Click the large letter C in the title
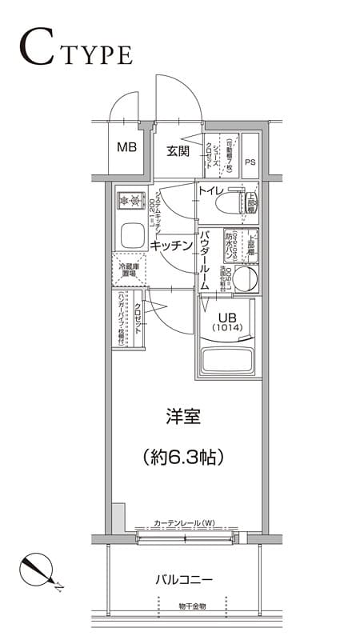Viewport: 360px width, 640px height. (x=38, y=49)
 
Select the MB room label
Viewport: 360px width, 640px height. (x=126, y=147)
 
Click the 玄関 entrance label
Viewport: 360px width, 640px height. (x=178, y=150)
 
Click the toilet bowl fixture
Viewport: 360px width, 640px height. (x=234, y=205)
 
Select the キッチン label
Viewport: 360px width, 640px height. (x=171, y=246)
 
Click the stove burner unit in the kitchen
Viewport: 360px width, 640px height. (x=128, y=199)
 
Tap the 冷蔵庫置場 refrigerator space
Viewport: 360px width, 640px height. (x=128, y=270)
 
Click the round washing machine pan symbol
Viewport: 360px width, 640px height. (x=246, y=279)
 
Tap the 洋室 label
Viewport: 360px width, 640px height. (x=182, y=417)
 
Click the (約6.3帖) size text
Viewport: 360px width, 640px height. (x=182, y=457)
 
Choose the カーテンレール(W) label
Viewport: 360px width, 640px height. (x=185, y=522)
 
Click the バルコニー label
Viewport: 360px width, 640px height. (x=183, y=578)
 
